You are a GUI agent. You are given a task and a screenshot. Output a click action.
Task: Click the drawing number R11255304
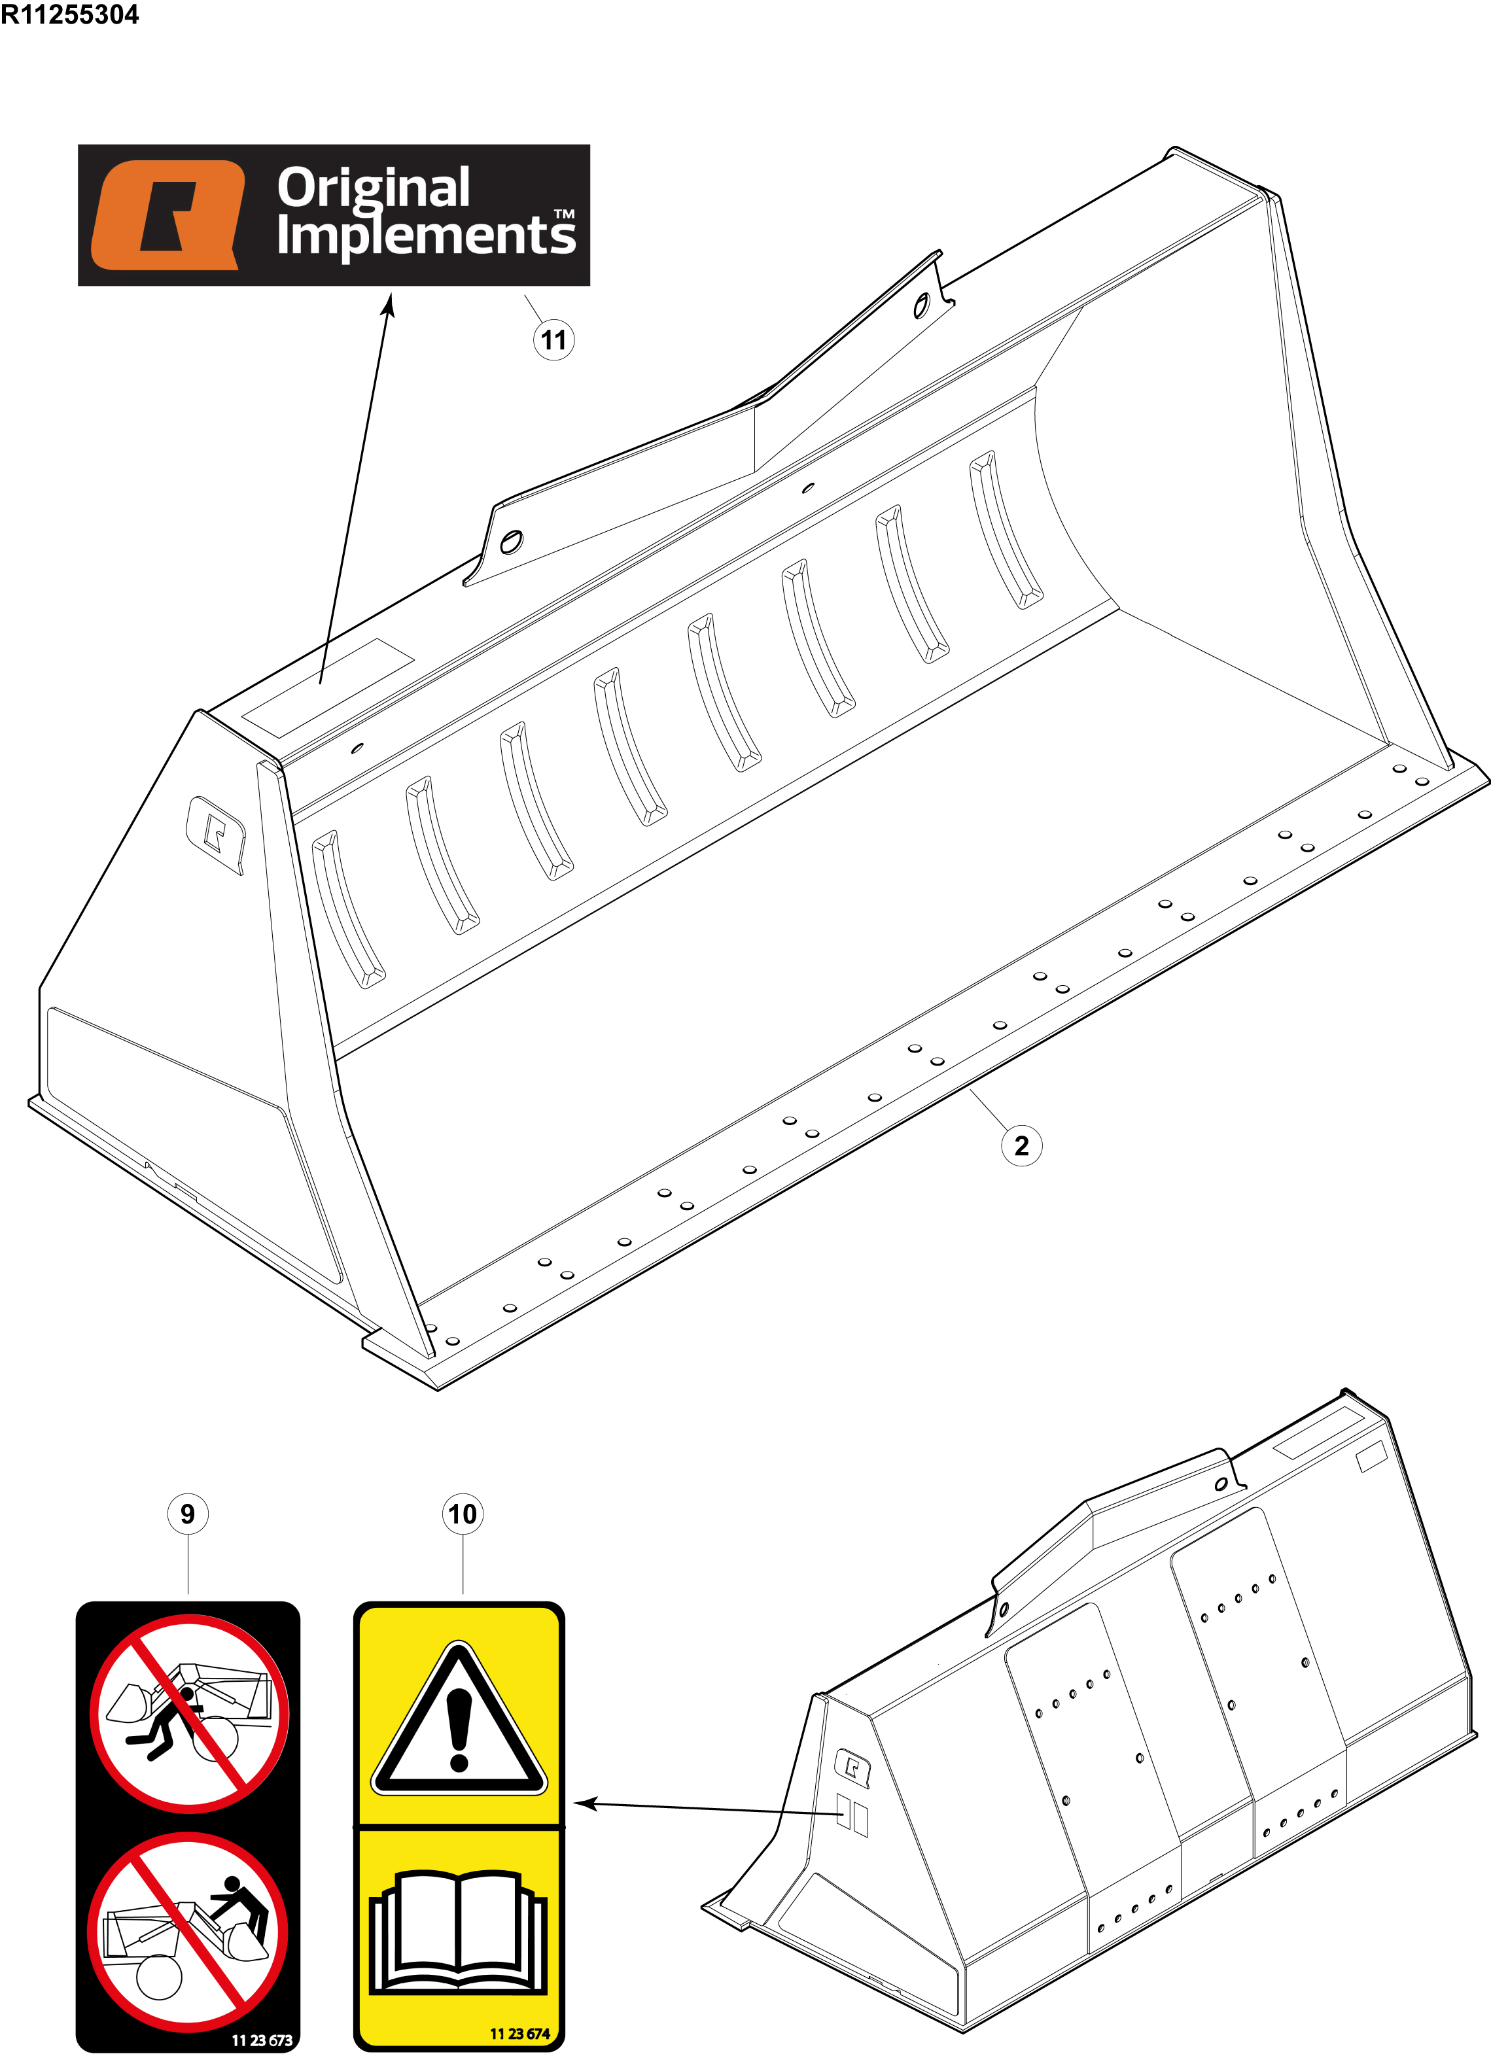click(x=70, y=14)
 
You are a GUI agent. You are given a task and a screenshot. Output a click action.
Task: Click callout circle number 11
click(x=553, y=341)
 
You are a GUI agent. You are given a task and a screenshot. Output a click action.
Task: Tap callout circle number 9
click(x=188, y=1514)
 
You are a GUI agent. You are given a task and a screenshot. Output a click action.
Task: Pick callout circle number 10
click(x=463, y=1514)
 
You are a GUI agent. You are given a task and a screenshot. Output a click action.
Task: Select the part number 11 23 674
click(x=520, y=2033)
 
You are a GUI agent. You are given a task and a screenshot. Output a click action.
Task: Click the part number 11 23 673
click(x=262, y=2040)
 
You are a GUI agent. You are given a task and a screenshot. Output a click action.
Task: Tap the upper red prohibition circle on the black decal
click(x=189, y=1713)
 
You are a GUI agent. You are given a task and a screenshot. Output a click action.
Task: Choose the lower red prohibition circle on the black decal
click(x=188, y=1932)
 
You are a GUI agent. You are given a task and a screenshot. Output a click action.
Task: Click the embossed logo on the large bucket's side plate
click(x=216, y=834)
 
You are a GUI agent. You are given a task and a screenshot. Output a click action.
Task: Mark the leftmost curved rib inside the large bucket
click(x=348, y=909)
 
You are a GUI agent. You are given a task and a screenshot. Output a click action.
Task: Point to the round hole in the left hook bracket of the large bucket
click(x=511, y=542)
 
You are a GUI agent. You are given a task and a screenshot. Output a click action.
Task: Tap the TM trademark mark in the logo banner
click(x=565, y=215)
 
